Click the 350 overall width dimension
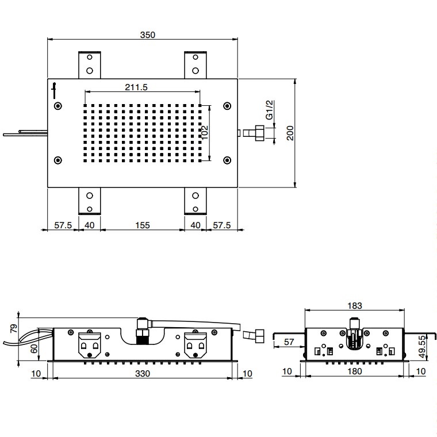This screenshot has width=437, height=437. [x=147, y=35]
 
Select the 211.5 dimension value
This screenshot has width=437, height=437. [x=136, y=87]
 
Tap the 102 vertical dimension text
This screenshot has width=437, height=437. [x=205, y=132]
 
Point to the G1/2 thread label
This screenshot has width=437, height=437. [x=270, y=110]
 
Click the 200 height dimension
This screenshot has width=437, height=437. [x=290, y=133]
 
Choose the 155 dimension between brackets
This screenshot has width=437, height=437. [x=143, y=225]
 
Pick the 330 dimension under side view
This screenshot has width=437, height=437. [x=143, y=373]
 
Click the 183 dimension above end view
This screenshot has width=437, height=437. [x=355, y=306]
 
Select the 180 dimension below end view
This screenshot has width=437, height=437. [x=355, y=371]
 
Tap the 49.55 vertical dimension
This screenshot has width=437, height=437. [x=423, y=347]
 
